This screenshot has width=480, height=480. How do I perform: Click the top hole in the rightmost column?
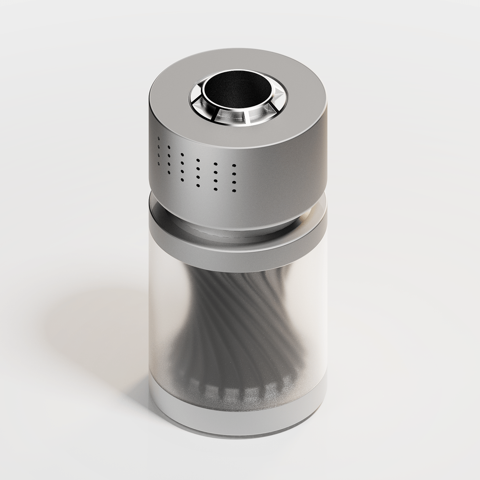point(235,166)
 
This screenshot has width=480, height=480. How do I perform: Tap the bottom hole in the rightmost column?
point(235,190)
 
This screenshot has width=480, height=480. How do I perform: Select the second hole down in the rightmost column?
point(235,174)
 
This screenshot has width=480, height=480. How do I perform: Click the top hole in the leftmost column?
point(158,139)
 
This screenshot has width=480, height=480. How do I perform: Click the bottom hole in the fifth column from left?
point(216,189)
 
